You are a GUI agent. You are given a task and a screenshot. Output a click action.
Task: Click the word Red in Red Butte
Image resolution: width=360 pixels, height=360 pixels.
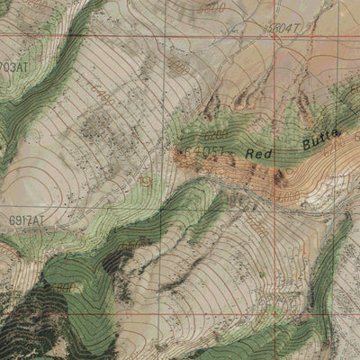click(x=259, y=154)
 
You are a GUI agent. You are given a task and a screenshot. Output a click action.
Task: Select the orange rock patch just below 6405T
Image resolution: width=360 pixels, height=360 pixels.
click(x=191, y=162)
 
